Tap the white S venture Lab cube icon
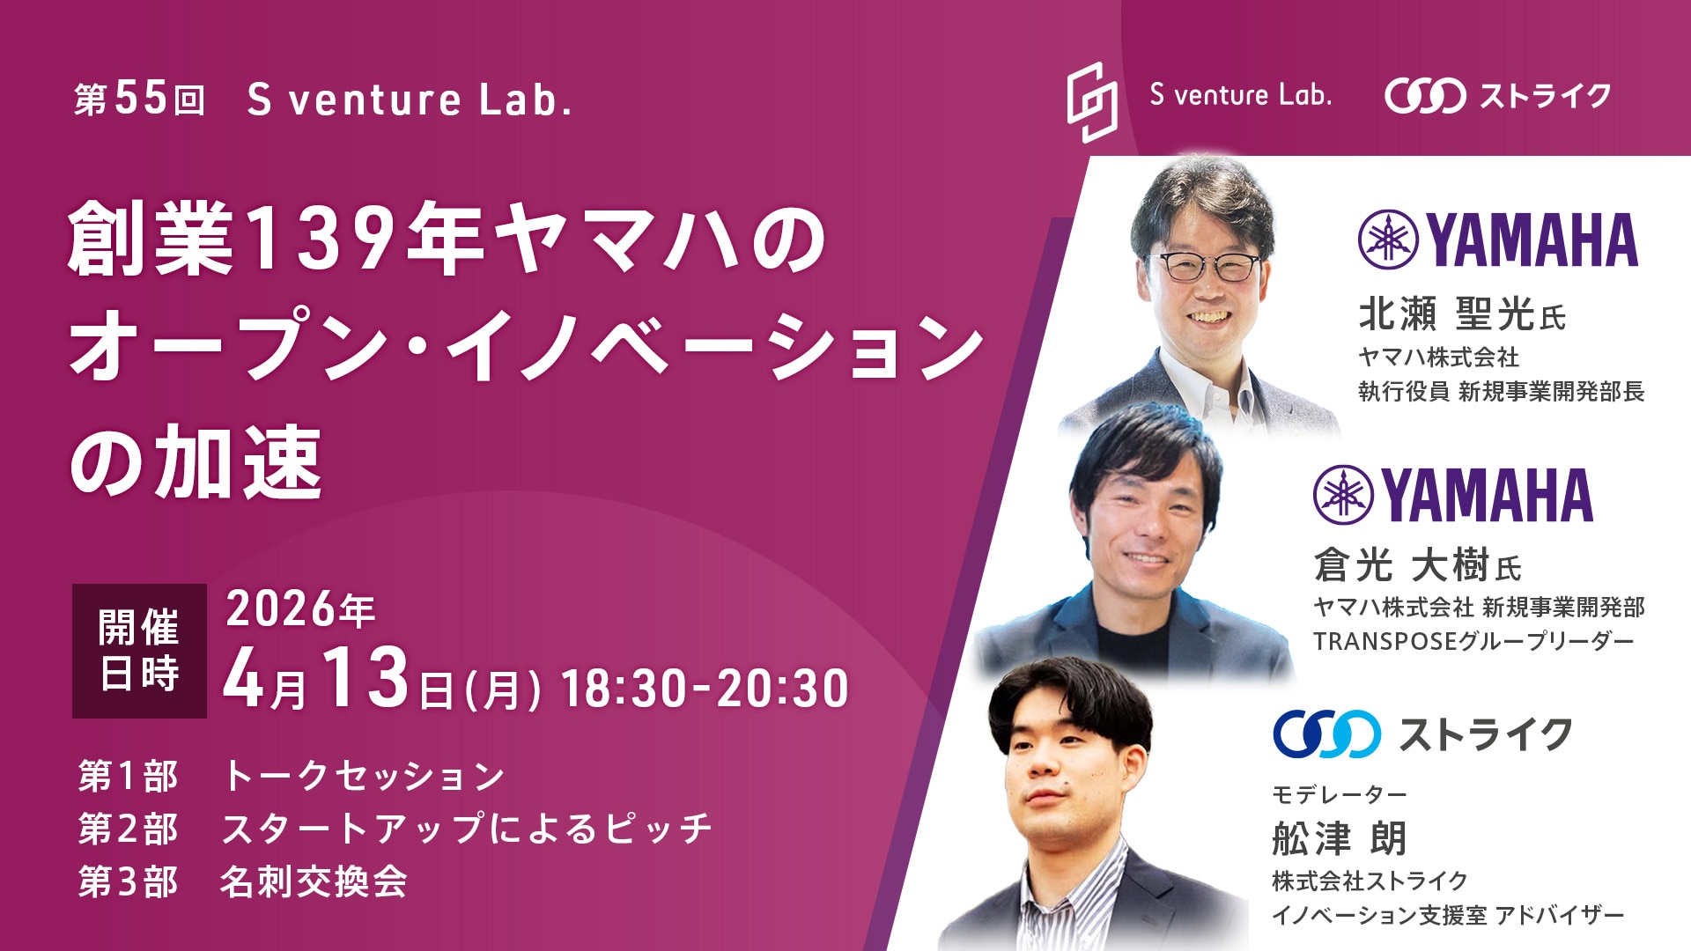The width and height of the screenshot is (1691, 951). [x=1092, y=101]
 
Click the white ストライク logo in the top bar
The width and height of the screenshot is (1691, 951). [x=1497, y=96]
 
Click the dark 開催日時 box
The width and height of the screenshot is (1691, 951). [x=139, y=651]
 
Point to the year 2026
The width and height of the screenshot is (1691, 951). [x=282, y=609]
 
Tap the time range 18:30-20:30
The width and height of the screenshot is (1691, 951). [x=705, y=688]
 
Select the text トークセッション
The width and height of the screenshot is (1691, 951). [x=364, y=776]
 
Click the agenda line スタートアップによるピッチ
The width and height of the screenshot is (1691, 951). [x=467, y=829]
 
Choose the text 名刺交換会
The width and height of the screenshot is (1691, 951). [x=314, y=881]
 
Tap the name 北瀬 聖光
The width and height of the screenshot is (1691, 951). [x=1446, y=313]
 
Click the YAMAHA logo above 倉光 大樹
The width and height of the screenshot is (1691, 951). [x=1453, y=495]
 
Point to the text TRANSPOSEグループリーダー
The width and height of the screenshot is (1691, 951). [x=1473, y=641]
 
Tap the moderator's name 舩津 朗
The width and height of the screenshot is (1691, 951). [x=1339, y=838]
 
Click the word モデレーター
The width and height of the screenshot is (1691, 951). [x=1339, y=794]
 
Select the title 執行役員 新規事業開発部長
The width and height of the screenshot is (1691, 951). [x=1501, y=391]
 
